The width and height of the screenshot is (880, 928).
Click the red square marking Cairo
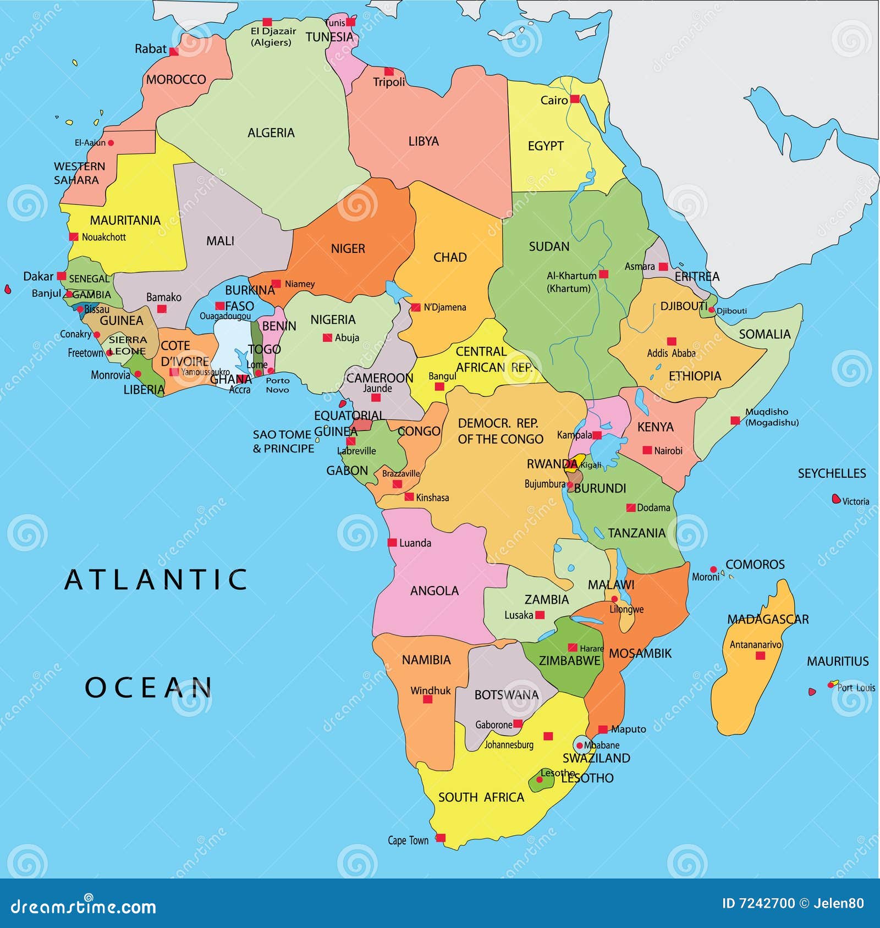coord(575,99)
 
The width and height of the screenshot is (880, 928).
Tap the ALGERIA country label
coord(271,133)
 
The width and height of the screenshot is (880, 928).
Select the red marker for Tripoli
coord(389,71)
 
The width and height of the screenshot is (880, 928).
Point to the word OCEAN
coord(148,687)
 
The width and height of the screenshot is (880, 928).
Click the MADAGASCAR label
coord(768,620)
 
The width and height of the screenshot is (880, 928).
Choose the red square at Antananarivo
coord(760,655)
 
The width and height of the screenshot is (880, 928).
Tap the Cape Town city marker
coord(440,838)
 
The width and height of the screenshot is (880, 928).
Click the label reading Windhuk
coord(430,691)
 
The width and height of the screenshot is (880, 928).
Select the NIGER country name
coord(348,249)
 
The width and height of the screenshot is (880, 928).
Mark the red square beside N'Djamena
coord(416,307)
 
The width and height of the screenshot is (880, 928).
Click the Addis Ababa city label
coord(671,353)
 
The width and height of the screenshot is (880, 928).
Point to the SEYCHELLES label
coord(832,473)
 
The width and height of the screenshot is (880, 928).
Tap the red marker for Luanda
coord(392,543)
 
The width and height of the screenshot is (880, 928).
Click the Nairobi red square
coord(647,450)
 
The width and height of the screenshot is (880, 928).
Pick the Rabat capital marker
coord(174,52)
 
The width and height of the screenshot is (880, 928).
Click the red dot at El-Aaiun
coord(111,143)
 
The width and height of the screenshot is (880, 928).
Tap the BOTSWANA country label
coord(506,695)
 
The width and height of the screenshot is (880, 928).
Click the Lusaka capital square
coord(540,615)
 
